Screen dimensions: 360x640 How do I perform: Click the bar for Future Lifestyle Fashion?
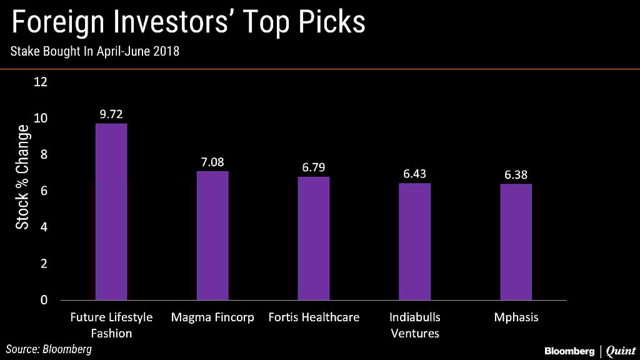pyautogui.click(x=111, y=211)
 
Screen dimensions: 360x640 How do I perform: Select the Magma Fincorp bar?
pyautogui.click(x=212, y=236)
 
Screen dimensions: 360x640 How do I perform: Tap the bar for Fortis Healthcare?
pyautogui.click(x=313, y=238)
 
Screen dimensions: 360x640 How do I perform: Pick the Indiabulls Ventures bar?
pyautogui.click(x=415, y=241)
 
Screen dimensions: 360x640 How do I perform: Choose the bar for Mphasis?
pyautogui.click(x=516, y=242)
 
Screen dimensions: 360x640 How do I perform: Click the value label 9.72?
pyautogui.click(x=111, y=114)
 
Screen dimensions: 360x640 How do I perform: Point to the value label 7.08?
pyautogui.click(x=212, y=162)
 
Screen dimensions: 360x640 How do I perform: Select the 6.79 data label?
pyautogui.click(x=313, y=167)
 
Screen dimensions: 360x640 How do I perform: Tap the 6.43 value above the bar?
pyautogui.click(x=415, y=174)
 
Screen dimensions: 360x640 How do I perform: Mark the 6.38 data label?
pyautogui.click(x=516, y=175)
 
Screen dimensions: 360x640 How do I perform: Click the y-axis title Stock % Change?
pyautogui.click(x=22, y=177)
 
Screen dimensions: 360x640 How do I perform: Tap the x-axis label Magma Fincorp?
pyautogui.click(x=212, y=317)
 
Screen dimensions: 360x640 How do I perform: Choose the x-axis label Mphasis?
pyautogui.click(x=516, y=317)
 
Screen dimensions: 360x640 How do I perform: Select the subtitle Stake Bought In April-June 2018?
pyautogui.click(x=94, y=52)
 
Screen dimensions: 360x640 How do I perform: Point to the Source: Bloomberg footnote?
pyautogui.click(x=49, y=349)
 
